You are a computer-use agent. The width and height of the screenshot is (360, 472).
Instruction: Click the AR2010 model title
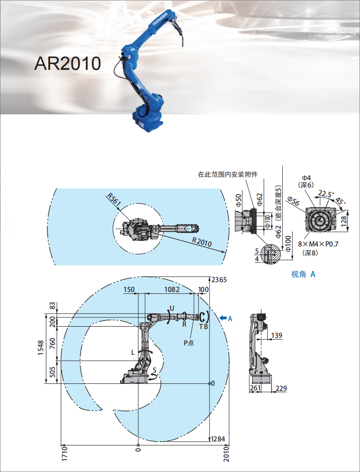(67, 63)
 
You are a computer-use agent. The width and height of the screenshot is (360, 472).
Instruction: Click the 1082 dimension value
(172, 289)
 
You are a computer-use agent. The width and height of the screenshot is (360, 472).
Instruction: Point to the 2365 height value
(219, 280)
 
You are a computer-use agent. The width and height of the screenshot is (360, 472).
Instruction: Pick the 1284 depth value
(218, 439)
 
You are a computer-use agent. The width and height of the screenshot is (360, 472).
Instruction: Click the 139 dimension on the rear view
(277, 335)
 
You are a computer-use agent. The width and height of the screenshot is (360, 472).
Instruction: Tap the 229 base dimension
(281, 388)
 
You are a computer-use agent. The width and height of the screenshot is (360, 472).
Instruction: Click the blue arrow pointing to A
(223, 318)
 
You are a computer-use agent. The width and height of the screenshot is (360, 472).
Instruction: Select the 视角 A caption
(303, 274)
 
